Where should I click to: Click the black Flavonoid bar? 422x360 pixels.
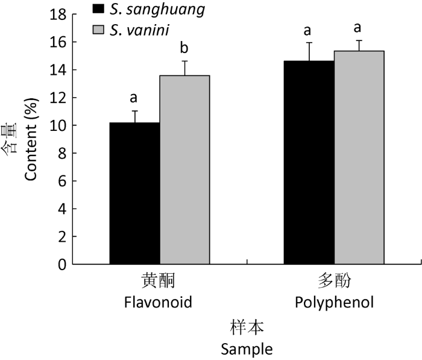pyautogui.click(x=134, y=193)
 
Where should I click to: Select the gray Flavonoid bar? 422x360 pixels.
pyautogui.click(x=184, y=169)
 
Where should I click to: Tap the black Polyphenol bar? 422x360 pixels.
pyautogui.click(x=309, y=162)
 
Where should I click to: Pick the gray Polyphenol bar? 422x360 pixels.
pyautogui.click(x=359, y=157)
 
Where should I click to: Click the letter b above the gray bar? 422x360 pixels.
pyautogui.click(x=185, y=48)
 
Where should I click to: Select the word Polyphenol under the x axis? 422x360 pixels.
pyautogui.click(x=334, y=302)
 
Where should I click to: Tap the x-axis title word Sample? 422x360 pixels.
pyautogui.click(x=247, y=349)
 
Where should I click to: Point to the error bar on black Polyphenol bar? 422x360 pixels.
pyautogui.click(x=309, y=51)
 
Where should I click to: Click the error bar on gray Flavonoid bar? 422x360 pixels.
pyautogui.click(x=185, y=68)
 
